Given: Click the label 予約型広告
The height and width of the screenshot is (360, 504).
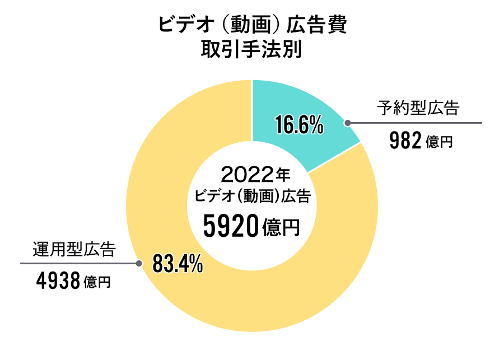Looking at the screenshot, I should pos(418,107).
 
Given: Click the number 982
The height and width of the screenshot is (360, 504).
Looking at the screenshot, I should pos(404,142).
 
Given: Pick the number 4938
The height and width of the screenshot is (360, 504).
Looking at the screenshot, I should pos(58,281).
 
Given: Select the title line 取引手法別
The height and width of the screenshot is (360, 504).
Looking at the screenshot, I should pos(251,50).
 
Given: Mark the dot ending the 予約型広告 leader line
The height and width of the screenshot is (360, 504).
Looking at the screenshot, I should pos(347,123).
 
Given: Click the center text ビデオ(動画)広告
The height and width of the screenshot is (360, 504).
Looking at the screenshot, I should pos(251,198).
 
